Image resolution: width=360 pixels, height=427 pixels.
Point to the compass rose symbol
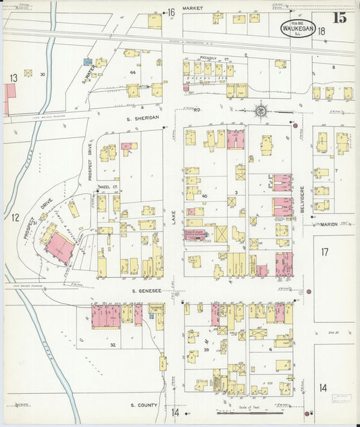pos(260,109)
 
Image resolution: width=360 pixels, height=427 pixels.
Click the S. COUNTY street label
pos(143,405)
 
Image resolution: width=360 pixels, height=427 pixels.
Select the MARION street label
pos(329,223)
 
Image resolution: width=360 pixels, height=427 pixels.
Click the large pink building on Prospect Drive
pos(59,247)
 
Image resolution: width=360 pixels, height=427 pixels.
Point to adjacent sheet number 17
pos(324,252)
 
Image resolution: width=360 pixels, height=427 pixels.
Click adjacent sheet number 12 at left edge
pos(14,217)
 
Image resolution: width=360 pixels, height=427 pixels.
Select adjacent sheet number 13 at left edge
pos(13,78)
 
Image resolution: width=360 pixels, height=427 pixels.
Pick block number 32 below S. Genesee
pos(113,344)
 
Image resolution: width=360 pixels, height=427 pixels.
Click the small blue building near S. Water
pos(87,61)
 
